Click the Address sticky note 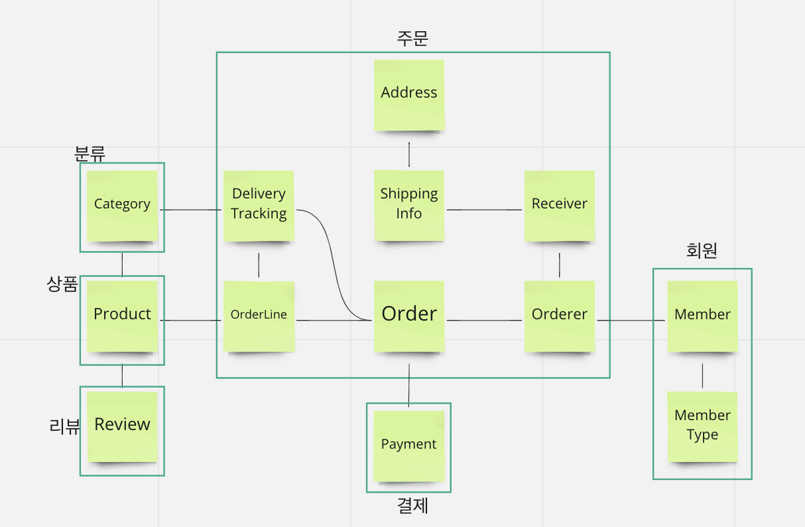click(x=409, y=95)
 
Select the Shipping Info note click(x=409, y=205)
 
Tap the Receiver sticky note click(x=560, y=205)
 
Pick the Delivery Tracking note click(x=259, y=205)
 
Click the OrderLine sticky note click(x=259, y=316)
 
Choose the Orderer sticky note click(x=560, y=316)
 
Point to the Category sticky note click(x=122, y=205)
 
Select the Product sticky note click(x=122, y=316)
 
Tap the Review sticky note click(x=122, y=426)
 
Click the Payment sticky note click(x=409, y=445)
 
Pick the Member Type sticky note click(x=702, y=426)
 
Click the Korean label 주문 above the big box click(x=412, y=38)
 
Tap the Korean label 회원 click(x=702, y=250)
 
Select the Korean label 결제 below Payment click(x=412, y=506)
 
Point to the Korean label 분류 click(x=90, y=153)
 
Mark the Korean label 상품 click(x=62, y=285)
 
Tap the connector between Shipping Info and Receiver click(x=484, y=210)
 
